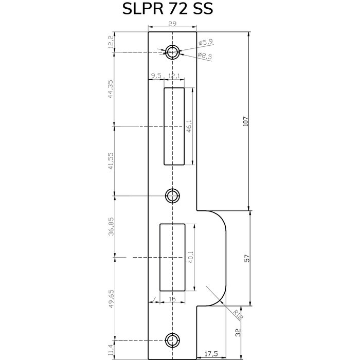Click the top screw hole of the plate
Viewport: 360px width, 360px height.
[173, 51]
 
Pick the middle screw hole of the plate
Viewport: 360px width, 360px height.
[172, 195]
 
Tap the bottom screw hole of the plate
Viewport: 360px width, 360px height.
[172, 339]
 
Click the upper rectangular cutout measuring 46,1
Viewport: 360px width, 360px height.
[174, 126]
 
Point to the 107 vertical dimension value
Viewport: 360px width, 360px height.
[245, 121]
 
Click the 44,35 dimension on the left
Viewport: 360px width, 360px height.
[110, 88]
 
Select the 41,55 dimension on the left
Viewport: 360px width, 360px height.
[110, 160]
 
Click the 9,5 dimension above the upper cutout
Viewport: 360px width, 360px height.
[156, 76]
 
